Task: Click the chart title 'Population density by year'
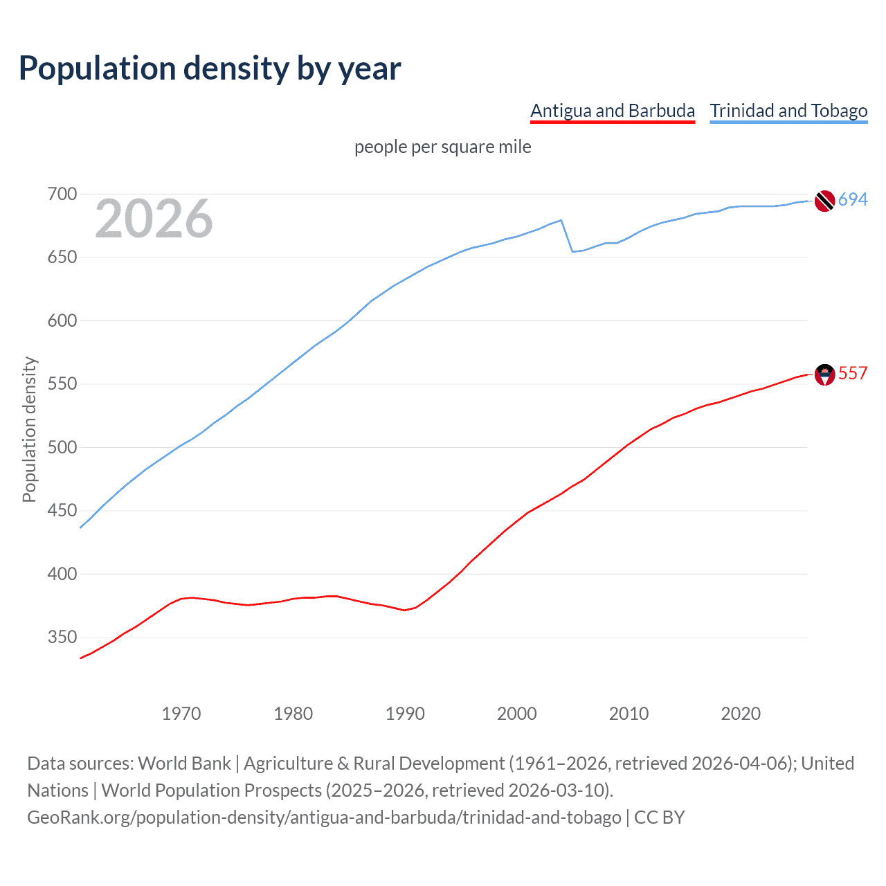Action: [x=210, y=69]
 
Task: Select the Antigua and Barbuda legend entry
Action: [x=612, y=111]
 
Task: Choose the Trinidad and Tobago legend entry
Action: [x=788, y=111]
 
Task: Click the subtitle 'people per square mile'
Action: [x=443, y=147]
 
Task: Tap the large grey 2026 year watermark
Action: [x=154, y=219]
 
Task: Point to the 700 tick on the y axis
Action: [x=62, y=194]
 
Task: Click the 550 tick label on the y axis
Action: [x=62, y=384]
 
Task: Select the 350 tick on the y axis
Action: [x=62, y=638]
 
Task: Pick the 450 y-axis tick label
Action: [x=62, y=511]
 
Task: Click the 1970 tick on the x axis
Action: [x=181, y=714]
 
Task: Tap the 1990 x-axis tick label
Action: [x=405, y=714]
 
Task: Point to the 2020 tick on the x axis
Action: [x=741, y=714]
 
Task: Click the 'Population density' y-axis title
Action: [x=29, y=429]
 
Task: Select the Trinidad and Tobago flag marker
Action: [x=824, y=201]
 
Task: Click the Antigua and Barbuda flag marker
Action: [x=824, y=374]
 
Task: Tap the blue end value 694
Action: [x=853, y=200]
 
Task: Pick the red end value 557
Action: [x=853, y=374]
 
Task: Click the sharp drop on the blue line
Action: [x=567, y=236]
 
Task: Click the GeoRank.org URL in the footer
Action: [x=324, y=817]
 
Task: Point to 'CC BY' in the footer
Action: [x=660, y=817]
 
